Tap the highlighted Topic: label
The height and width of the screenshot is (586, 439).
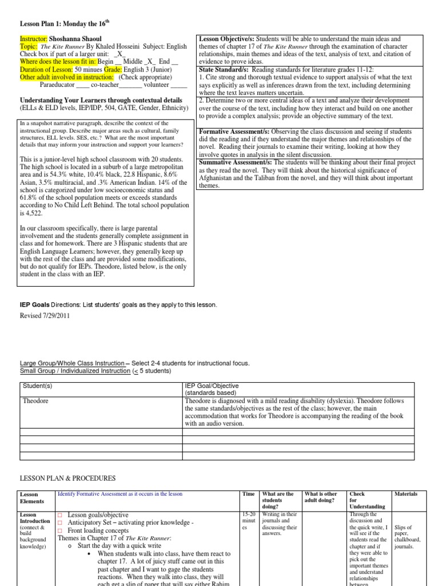(29, 45)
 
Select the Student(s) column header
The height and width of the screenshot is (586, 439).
(38, 386)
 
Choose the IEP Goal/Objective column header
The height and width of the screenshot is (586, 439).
(211, 386)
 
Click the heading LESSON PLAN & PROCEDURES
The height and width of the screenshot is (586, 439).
(67, 478)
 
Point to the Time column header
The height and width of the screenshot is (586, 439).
(249, 494)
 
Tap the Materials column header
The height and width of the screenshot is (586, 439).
(406, 494)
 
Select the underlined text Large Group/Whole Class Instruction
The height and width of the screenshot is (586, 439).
(72, 363)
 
